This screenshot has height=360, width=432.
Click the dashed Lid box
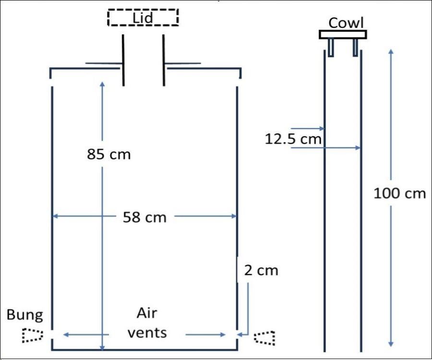point(143,18)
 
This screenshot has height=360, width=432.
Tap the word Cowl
point(346,23)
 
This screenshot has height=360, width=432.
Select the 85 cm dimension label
point(109,155)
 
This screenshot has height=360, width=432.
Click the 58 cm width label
point(144,217)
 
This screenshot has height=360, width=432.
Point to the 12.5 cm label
point(293,139)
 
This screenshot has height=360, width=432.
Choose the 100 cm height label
point(400,193)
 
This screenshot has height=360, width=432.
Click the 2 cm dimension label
point(261,270)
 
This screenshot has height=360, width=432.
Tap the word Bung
point(24,315)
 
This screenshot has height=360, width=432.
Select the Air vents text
point(147,323)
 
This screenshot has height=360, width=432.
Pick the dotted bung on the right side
point(265,337)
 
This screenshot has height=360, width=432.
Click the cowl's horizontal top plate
point(343,35)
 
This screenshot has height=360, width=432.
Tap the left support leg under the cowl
point(331,46)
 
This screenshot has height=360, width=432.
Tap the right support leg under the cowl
point(355,46)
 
